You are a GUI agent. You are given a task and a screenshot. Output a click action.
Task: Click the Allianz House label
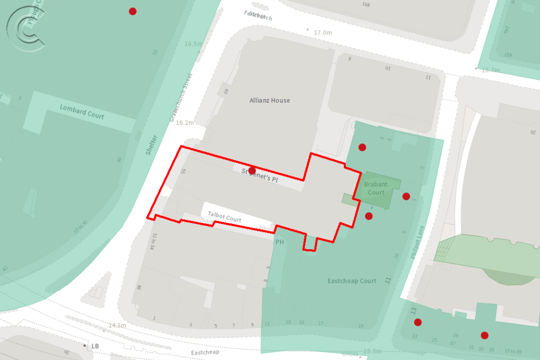pyautogui.click(x=269, y=100)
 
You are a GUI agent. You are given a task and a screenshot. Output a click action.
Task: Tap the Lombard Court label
pyautogui.click(x=82, y=112)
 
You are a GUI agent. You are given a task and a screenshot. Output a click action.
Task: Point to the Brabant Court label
pyautogui.click(x=376, y=188)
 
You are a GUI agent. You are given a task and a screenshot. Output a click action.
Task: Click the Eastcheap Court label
pyautogui.click(x=352, y=281)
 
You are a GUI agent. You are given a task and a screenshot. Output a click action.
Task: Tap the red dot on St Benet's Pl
pyautogui.click(x=252, y=170)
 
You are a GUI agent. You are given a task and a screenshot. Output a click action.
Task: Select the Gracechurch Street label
pyautogui.click(x=181, y=98)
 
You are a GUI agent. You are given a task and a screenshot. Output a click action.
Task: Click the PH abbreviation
pyautogui.click(x=279, y=242)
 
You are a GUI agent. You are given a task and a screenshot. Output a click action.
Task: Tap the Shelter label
pyautogui.click(x=152, y=145)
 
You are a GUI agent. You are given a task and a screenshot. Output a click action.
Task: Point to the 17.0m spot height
pyautogui.click(x=323, y=33)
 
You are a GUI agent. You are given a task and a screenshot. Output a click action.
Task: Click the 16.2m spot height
pyautogui.click(x=185, y=123)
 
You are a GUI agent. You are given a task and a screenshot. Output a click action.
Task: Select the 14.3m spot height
pyautogui.click(x=118, y=325)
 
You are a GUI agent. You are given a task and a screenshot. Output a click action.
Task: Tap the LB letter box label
pyautogui.click(x=95, y=346)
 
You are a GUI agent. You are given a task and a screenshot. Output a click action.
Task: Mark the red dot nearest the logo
pyautogui.click(x=133, y=11)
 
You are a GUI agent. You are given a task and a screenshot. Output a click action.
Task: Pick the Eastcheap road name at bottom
pyautogui.click(x=205, y=352)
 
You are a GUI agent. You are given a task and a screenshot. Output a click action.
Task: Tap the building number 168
pyautogui.click(x=366, y=5)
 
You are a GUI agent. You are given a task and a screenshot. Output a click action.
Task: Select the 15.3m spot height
pyautogui.click(x=372, y=351)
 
